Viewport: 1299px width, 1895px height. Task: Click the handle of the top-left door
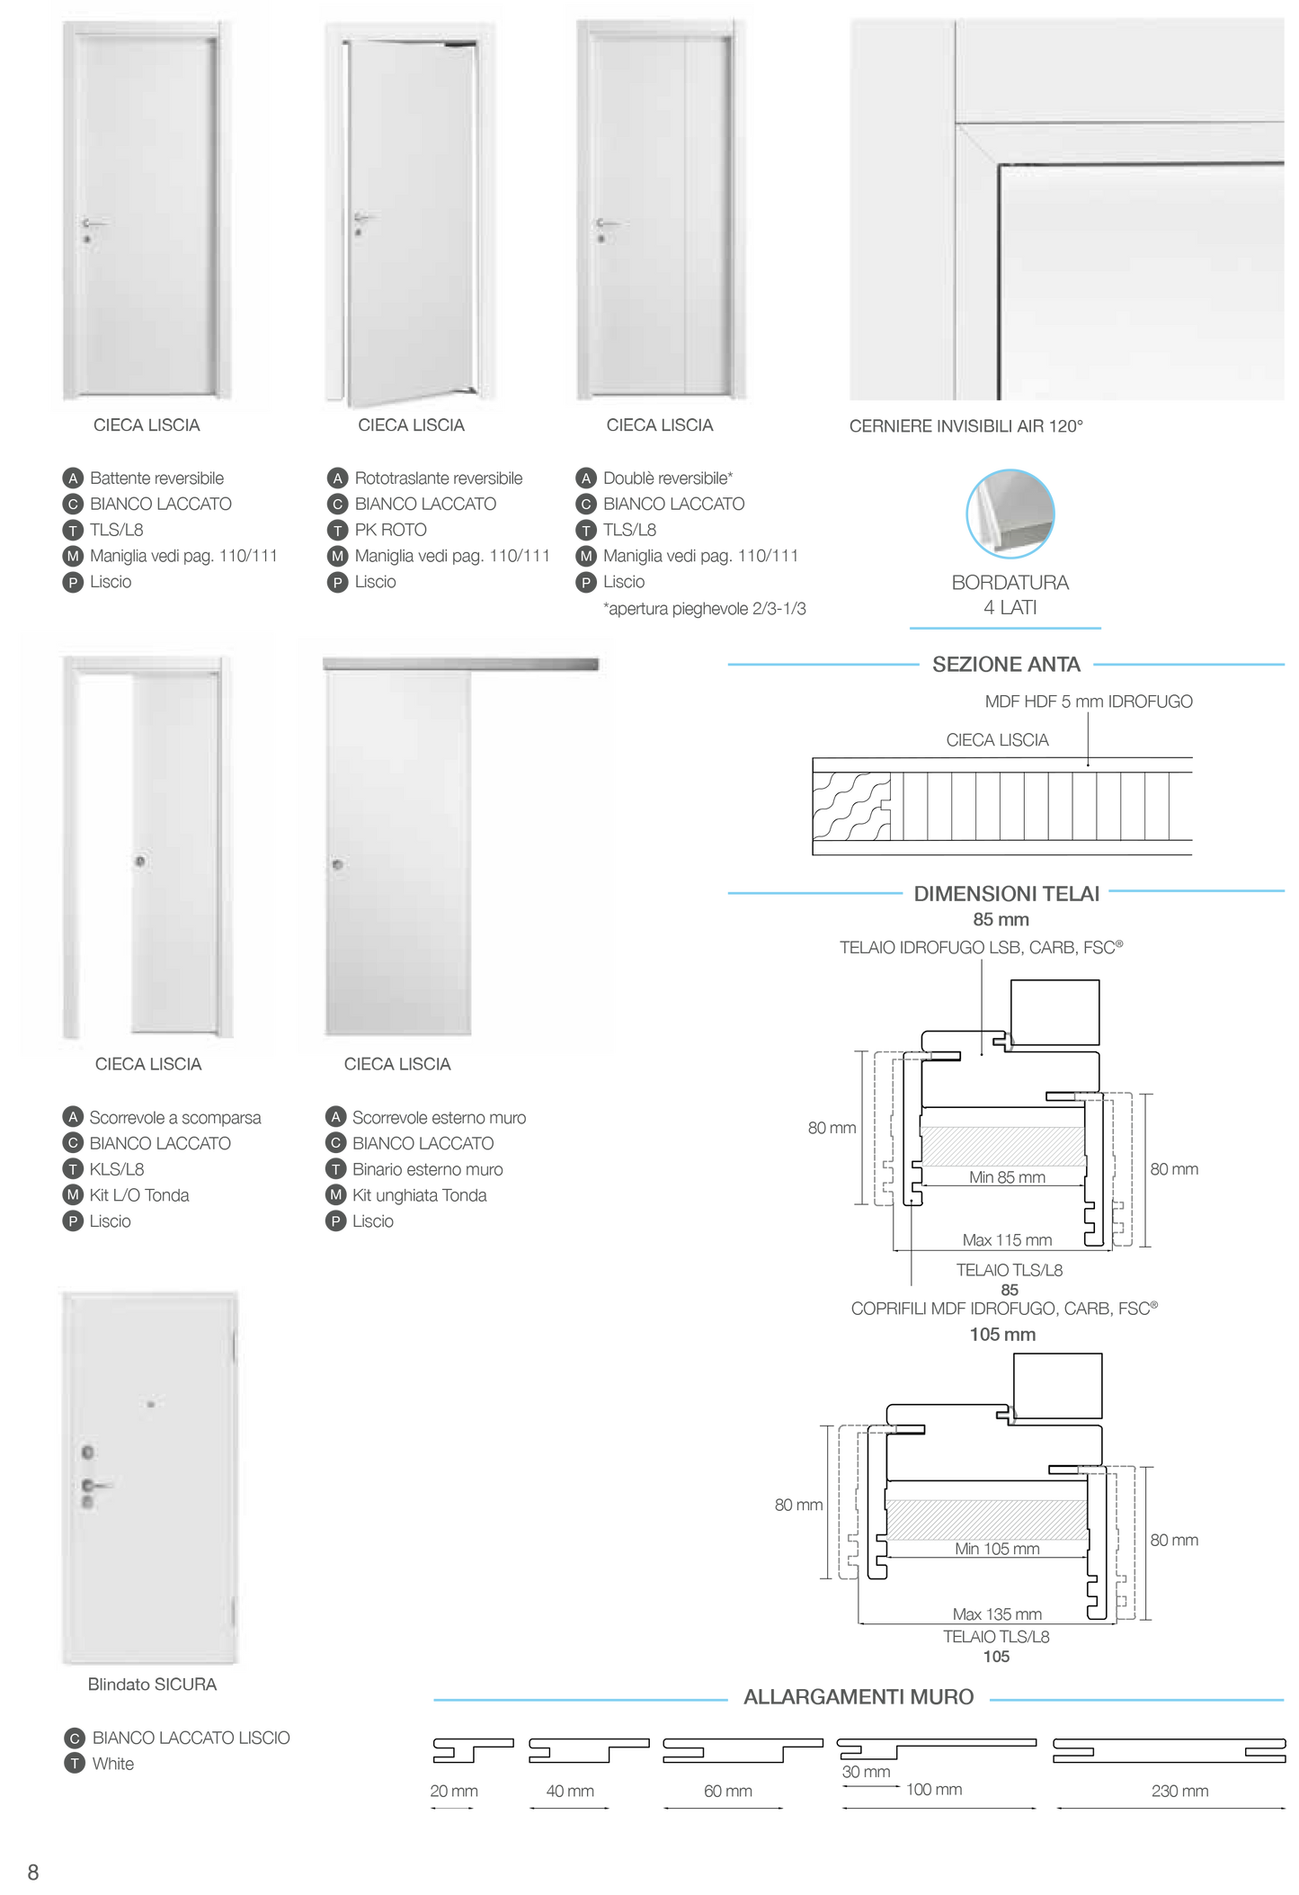pos(93,222)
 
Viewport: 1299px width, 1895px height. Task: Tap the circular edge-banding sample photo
pos(1010,514)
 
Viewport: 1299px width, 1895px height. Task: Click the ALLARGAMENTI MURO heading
pos(858,1697)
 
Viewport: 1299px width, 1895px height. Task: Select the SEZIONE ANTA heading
pos(1006,665)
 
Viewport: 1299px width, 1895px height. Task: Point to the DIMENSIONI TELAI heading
pos(1006,893)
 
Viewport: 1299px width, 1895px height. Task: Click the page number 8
pos(32,1871)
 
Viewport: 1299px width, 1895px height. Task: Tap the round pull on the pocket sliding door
pos(140,862)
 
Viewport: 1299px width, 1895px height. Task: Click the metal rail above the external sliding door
pos(459,664)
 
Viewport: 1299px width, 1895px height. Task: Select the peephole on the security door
pos(151,1404)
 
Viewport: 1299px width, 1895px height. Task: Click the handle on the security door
pos(94,1485)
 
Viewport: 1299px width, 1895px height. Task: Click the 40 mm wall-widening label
pos(569,1791)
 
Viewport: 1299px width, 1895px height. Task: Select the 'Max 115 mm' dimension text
pos(1007,1239)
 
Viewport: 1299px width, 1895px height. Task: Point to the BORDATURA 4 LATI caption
pos(1010,594)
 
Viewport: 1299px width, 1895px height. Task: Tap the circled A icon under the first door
pos(73,478)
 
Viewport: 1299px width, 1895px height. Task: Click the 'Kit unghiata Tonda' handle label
pos(419,1194)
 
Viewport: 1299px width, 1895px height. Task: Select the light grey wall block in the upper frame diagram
pos(1002,1146)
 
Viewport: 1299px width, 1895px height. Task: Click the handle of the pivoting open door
pos(363,217)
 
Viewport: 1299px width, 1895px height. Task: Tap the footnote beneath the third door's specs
pos(704,609)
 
